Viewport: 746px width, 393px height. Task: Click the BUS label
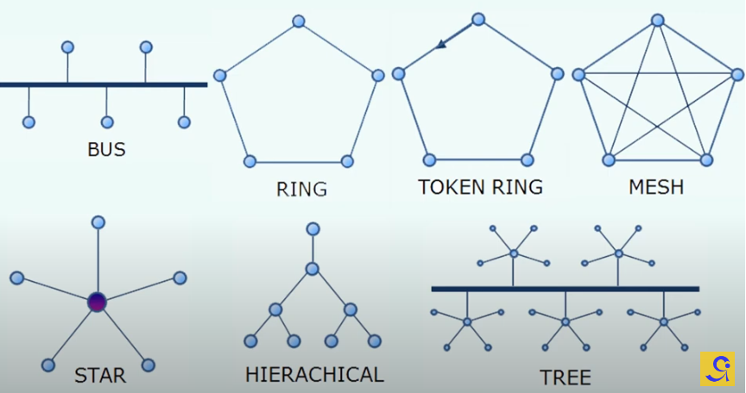(x=106, y=149)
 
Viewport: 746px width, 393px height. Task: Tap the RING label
(x=301, y=189)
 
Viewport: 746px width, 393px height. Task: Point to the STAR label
(x=100, y=375)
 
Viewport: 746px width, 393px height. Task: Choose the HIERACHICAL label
(x=314, y=374)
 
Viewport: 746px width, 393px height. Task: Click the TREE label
(x=566, y=377)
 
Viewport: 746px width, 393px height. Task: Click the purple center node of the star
(x=97, y=302)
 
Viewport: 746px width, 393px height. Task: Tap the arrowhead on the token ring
(x=440, y=45)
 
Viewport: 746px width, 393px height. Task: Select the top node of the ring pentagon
(x=299, y=21)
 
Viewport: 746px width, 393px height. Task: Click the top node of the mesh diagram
(x=658, y=19)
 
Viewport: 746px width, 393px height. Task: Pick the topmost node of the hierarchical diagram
(x=313, y=228)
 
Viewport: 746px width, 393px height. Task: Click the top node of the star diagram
(x=98, y=222)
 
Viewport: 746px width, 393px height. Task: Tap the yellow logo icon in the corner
(x=718, y=368)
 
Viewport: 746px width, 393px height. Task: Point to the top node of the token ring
(x=477, y=18)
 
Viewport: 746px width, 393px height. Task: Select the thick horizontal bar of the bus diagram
(x=104, y=84)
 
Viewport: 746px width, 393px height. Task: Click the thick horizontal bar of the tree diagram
(x=565, y=288)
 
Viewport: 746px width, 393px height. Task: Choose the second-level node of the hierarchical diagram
(x=313, y=269)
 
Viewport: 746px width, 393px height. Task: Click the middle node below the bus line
(x=107, y=122)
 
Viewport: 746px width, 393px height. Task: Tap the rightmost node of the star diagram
(x=180, y=278)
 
